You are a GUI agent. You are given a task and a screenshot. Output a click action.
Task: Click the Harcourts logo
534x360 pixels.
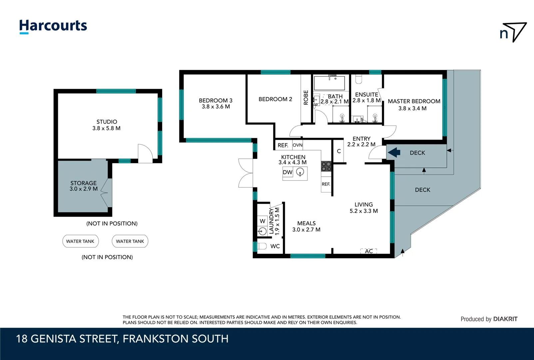pos(53,26)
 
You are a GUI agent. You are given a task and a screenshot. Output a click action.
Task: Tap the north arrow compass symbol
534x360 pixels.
pos(513,32)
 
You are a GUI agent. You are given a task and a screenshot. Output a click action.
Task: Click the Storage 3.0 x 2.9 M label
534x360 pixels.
pos(84,186)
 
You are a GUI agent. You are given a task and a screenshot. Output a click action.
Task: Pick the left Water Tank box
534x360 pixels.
pos(80,241)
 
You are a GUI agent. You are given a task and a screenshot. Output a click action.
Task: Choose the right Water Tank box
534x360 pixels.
pos(130,241)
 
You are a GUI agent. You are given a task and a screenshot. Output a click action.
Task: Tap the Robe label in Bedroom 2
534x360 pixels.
pos(306,98)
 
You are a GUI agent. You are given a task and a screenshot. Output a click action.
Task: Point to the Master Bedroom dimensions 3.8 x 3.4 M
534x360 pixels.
pos(412,108)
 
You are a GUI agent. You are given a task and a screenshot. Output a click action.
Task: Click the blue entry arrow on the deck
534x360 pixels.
pos(394,153)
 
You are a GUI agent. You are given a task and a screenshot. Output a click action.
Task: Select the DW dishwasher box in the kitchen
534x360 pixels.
pos(287,172)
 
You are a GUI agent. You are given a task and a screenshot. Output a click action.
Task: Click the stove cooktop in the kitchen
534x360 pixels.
pos(326,166)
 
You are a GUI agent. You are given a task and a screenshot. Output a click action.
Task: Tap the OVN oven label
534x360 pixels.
pos(297,145)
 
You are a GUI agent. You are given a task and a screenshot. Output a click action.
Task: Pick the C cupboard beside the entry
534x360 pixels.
pos(339,151)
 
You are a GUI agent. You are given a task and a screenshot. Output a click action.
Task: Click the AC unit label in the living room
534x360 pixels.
pos(369,251)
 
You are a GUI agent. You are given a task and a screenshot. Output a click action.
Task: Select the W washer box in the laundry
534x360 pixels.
pos(263,221)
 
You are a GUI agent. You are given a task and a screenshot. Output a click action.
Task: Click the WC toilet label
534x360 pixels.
pos(275,246)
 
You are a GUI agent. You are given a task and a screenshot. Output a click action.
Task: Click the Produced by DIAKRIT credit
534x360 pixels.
pos(489,319)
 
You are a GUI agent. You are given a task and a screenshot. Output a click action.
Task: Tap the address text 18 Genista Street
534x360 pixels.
pos(122,339)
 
